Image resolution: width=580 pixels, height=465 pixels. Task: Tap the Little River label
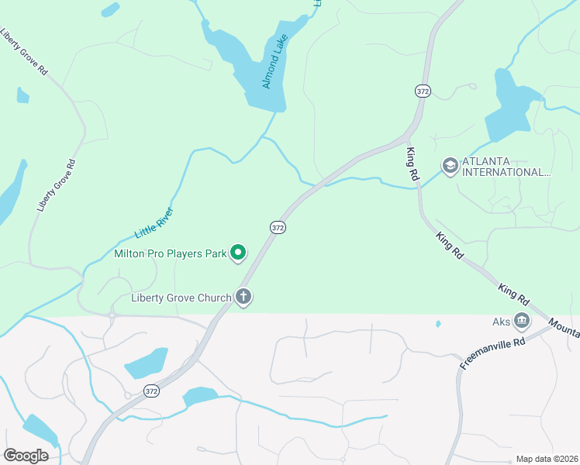155,222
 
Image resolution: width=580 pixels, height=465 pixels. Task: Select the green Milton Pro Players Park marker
240,253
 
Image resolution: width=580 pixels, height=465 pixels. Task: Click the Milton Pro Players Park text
170,253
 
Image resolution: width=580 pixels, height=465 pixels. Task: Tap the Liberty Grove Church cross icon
244,298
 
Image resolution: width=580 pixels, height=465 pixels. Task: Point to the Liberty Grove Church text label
181,298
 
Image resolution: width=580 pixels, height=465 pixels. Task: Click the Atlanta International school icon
450,166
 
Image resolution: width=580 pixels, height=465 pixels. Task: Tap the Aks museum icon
522,320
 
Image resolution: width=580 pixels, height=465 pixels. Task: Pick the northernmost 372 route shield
423,91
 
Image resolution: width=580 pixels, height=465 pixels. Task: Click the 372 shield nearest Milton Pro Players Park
278,227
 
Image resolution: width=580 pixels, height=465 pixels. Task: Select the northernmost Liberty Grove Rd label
25,52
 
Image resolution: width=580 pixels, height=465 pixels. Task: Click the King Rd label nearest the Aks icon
513,294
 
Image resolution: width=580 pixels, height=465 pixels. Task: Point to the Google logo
26,455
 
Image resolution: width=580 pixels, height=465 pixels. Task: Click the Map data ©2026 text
546,459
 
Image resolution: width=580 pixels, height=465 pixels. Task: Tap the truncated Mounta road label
564,326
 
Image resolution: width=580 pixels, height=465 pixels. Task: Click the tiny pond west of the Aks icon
438,323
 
